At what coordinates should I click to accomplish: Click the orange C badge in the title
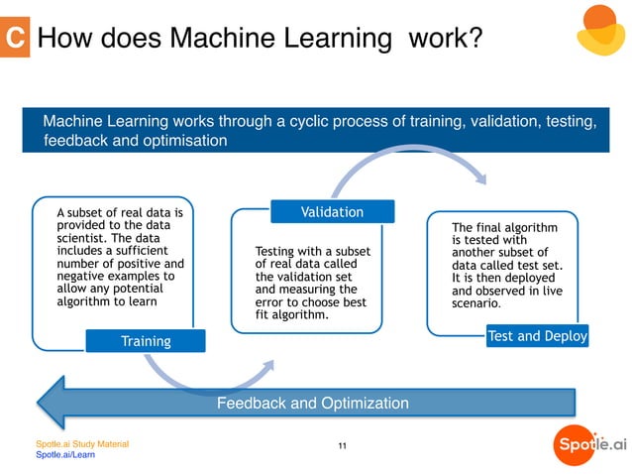[15, 38]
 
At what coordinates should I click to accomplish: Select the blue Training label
[146, 341]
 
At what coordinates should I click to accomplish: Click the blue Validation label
[332, 212]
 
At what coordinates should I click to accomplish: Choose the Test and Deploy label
[538, 336]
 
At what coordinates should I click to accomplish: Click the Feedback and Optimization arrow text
[312, 404]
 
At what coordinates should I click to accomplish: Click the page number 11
[342, 447]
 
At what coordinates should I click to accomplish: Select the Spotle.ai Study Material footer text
[82, 443]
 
